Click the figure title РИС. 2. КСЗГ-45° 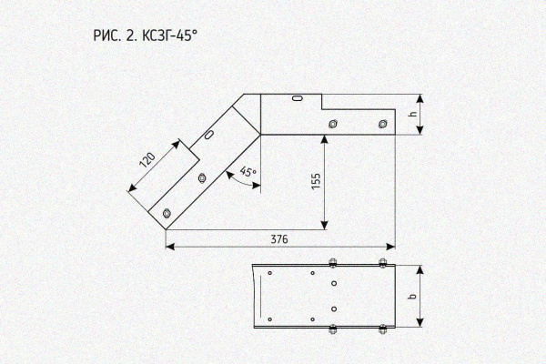tap(146, 35)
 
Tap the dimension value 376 tap(279, 239)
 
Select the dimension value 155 tap(316, 181)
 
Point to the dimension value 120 tap(147, 160)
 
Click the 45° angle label tap(248, 172)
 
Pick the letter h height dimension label tap(413, 114)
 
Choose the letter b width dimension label tap(413, 297)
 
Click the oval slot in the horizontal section tap(298, 98)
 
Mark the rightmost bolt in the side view tap(383, 124)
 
